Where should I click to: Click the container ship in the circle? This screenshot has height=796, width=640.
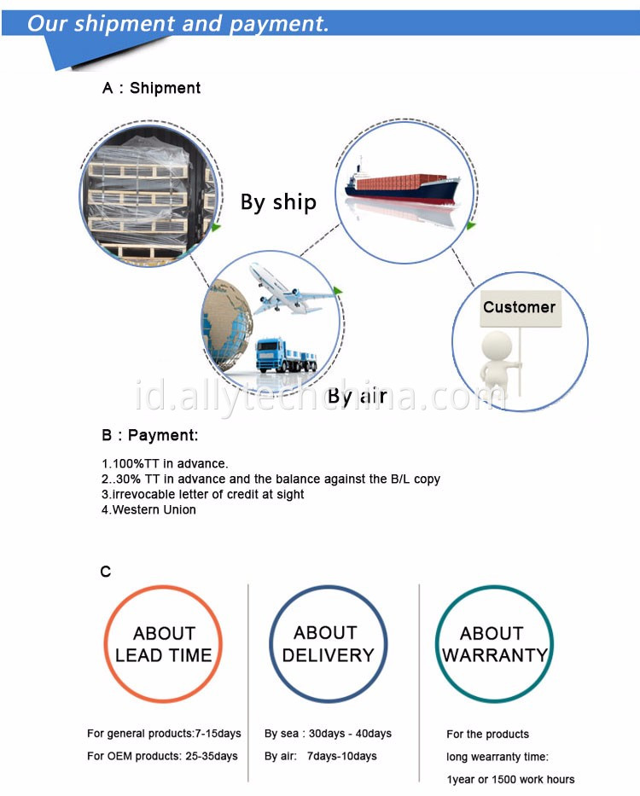coord(401,187)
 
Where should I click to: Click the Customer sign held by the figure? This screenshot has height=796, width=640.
coord(519,307)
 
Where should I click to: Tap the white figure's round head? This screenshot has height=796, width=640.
coord(497,347)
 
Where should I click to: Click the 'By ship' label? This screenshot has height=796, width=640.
coord(278,202)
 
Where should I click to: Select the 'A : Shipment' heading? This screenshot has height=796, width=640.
coord(152,88)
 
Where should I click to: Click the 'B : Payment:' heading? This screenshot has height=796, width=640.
coord(150,435)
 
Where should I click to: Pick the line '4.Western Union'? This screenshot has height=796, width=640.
coord(148,509)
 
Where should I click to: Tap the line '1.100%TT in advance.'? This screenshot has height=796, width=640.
coord(165,463)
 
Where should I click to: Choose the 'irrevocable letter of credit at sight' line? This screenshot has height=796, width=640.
coord(202,494)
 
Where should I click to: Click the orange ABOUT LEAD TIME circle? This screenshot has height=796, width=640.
coord(163,644)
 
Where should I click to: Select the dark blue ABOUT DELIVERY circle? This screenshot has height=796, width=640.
coord(328,644)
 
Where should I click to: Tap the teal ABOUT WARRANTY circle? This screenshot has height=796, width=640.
coord(493,644)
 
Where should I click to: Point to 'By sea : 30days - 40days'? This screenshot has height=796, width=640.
coord(328,734)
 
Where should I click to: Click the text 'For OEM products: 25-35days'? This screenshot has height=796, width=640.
coord(162,756)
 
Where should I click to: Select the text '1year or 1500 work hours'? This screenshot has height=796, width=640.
coord(510,779)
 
